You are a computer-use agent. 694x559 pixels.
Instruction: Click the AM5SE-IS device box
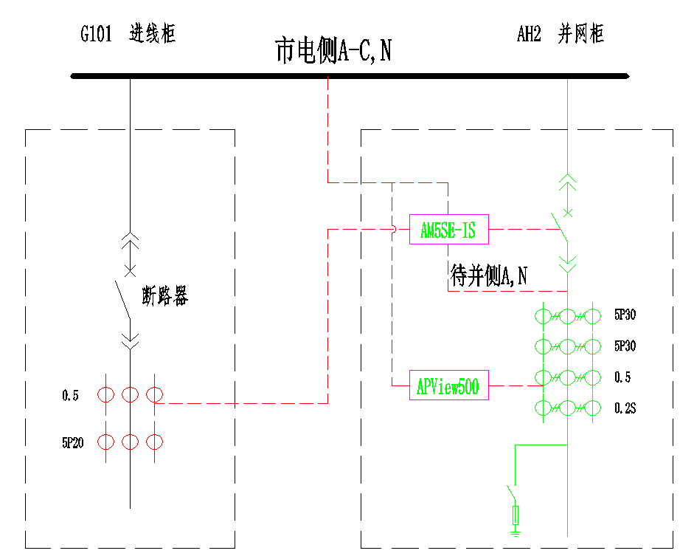[448, 231]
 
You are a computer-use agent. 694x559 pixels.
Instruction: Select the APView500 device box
[448, 386]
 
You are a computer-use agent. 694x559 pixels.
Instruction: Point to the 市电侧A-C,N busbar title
[333, 52]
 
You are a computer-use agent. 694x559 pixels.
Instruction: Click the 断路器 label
[164, 296]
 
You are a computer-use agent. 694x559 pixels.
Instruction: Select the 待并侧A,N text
[489, 276]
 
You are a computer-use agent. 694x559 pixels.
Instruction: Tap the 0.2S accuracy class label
[625, 408]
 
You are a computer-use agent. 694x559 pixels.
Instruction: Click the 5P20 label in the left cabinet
[72, 443]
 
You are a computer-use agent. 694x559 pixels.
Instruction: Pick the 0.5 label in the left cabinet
[70, 396]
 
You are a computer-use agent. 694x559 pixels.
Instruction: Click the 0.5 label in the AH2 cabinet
[622, 377]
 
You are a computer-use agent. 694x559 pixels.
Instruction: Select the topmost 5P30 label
[625, 315]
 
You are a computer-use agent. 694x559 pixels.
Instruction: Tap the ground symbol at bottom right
[516, 528]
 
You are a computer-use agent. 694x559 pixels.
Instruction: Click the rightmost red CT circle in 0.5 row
[154, 395]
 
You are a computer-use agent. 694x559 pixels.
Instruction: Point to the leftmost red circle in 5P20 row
[107, 442]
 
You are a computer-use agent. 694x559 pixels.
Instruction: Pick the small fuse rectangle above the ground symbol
[516, 514]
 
